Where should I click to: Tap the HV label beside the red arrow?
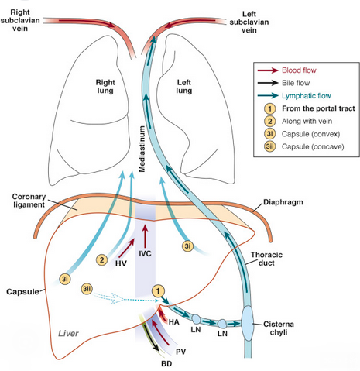click(121, 263)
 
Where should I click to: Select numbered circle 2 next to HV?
click(101, 258)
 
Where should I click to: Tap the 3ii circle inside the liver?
click(87, 289)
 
